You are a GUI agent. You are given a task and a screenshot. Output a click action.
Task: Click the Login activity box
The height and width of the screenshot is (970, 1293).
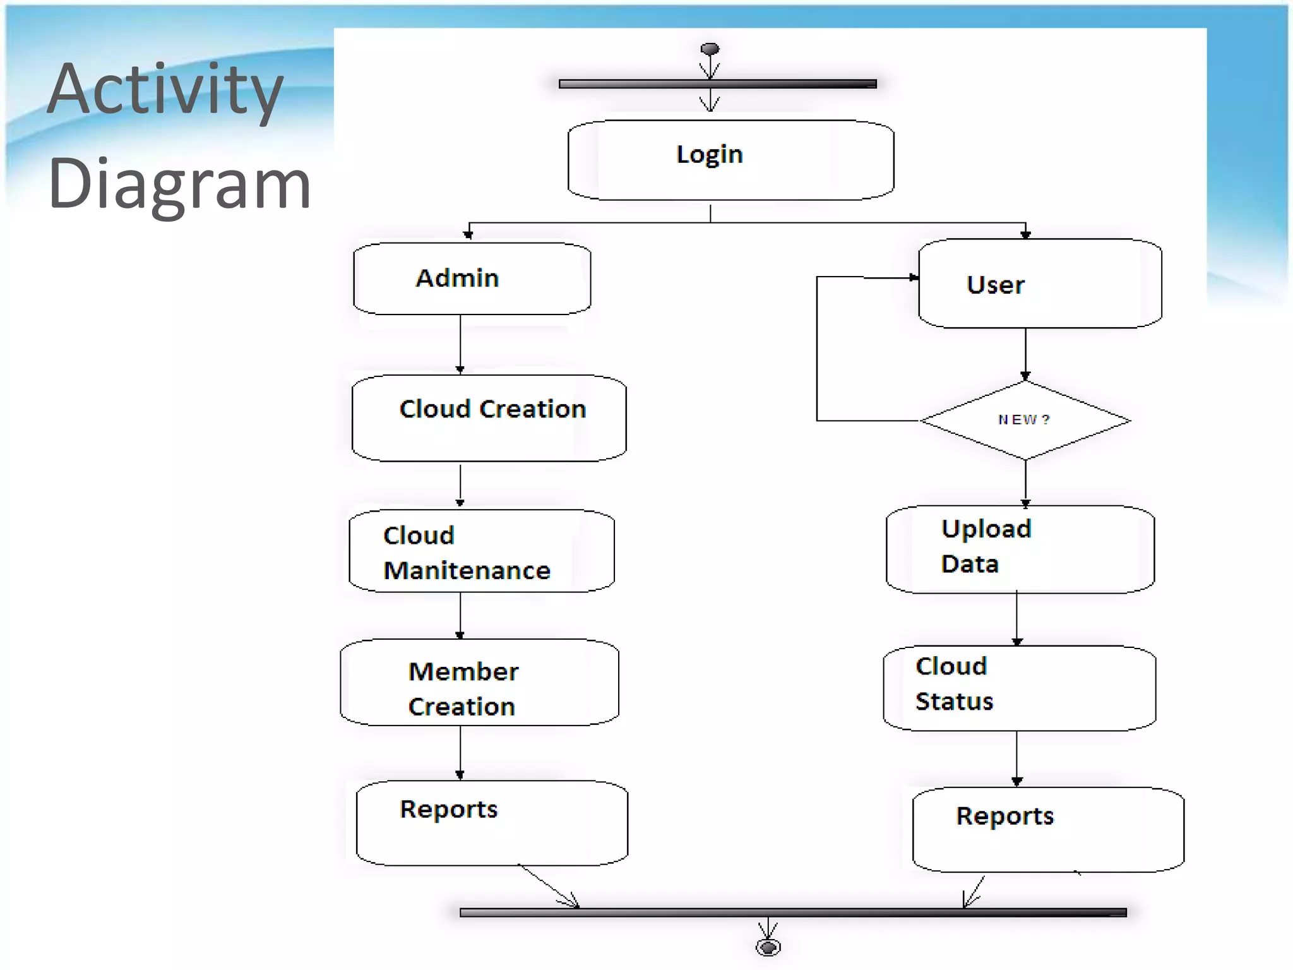click(730, 160)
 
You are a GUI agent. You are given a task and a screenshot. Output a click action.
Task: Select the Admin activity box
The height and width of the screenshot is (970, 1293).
click(472, 278)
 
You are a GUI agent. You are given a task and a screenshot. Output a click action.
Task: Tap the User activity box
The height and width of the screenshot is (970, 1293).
click(1039, 284)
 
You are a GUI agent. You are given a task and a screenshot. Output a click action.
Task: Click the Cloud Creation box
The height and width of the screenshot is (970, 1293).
click(489, 418)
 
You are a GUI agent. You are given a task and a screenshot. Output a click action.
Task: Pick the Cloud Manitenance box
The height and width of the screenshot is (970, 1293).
click(481, 551)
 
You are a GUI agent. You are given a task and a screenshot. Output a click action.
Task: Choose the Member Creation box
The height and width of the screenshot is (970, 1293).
click(479, 683)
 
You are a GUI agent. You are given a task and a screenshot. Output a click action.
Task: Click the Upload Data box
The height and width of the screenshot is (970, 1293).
click(1020, 549)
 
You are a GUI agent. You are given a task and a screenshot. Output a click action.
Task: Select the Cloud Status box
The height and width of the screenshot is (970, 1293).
click(1019, 688)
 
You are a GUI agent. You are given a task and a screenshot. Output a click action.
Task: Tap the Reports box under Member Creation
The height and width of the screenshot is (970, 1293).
click(492, 823)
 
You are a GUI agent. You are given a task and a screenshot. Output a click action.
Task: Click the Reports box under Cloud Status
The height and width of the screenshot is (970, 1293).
click(1047, 830)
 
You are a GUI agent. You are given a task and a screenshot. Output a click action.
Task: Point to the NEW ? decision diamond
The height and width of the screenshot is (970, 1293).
click(1025, 420)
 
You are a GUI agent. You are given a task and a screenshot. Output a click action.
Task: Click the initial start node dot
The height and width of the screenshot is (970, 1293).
click(710, 49)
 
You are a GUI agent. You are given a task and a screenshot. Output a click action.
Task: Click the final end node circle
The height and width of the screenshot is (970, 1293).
click(768, 947)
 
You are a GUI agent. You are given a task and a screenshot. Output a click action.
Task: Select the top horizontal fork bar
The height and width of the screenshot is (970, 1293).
click(717, 84)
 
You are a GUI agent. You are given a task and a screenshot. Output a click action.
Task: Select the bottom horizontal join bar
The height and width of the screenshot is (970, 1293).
click(792, 913)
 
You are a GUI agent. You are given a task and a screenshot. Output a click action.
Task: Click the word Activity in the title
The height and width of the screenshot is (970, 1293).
click(165, 89)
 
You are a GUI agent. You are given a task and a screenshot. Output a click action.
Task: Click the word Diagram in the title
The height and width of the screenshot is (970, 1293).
click(179, 184)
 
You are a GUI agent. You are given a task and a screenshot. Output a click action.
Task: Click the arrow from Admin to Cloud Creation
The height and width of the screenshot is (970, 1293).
click(460, 344)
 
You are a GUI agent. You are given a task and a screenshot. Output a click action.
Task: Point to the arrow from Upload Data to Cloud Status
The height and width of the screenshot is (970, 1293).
click(1016, 619)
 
